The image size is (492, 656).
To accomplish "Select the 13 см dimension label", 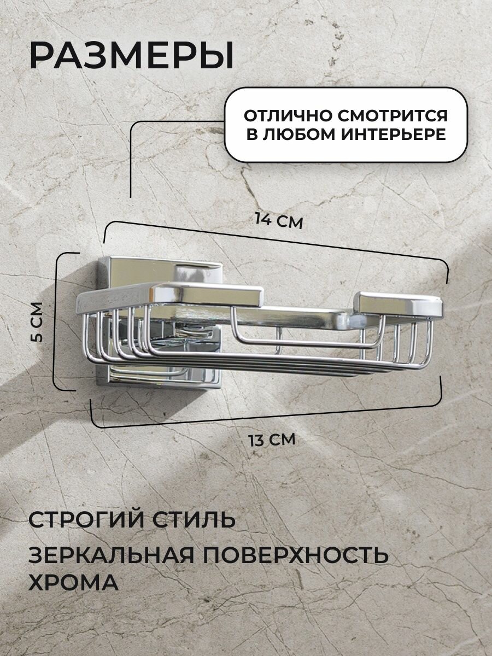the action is click(x=271, y=439).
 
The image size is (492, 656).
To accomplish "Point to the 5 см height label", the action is click(x=37, y=322).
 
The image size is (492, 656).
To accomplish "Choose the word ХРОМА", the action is click(x=73, y=582).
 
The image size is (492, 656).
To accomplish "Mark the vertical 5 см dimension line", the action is click(x=56, y=321).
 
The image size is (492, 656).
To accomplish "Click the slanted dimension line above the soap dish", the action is click(x=273, y=241).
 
